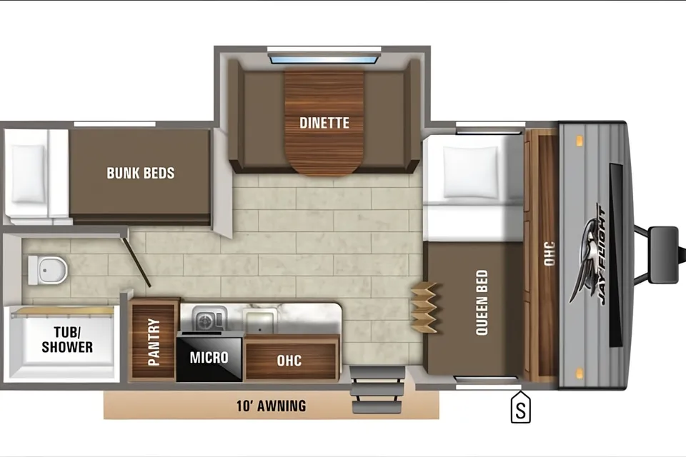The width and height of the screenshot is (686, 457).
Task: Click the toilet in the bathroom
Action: click(x=47, y=270)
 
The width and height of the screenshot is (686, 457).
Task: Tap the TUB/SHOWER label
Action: click(x=67, y=339)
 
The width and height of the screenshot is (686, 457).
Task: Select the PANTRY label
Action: click(x=153, y=341)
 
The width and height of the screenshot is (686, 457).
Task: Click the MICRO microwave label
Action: click(x=209, y=357)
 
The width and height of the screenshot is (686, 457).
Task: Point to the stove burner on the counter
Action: click(x=205, y=321)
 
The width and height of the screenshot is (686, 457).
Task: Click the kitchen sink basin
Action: click(x=260, y=321)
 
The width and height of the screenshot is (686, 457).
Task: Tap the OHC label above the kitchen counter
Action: click(x=289, y=361)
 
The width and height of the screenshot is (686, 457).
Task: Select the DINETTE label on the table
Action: click(x=324, y=123)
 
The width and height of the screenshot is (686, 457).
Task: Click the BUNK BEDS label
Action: click(x=141, y=174)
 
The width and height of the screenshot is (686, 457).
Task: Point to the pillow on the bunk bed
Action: click(x=28, y=174)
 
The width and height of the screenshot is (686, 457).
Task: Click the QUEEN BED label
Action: click(x=481, y=303)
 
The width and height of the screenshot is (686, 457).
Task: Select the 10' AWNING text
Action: click(x=272, y=406)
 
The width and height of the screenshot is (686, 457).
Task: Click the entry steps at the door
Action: click(x=377, y=390)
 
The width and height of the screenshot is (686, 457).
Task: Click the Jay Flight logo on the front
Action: click(x=588, y=256)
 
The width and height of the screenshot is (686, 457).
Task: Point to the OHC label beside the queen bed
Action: click(x=549, y=253)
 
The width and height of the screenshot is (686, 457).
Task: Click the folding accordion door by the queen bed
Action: click(x=424, y=308)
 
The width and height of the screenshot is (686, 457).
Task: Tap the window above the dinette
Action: click(x=324, y=58)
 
